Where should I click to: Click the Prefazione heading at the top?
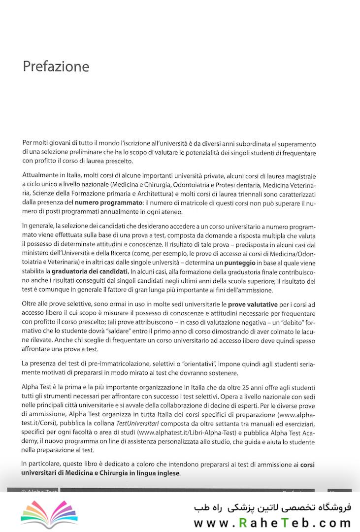click(56, 66)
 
